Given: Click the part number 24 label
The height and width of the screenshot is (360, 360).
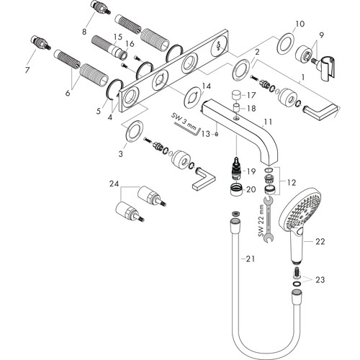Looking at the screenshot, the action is [114, 184].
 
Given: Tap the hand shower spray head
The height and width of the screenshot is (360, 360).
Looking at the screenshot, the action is [301, 210].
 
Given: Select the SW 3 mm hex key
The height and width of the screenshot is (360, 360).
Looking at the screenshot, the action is [187, 128].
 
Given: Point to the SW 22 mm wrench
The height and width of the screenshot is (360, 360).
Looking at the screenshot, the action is [269, 219].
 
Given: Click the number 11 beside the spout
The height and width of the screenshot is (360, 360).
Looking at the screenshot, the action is [268, 122].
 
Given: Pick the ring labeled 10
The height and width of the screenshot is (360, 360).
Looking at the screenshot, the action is [284, 43].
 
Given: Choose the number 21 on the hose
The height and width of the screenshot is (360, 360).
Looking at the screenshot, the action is [250, 258].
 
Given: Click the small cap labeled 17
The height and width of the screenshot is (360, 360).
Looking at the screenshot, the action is [237, 95].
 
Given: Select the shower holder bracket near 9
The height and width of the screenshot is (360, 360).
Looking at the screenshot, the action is [326, 68].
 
